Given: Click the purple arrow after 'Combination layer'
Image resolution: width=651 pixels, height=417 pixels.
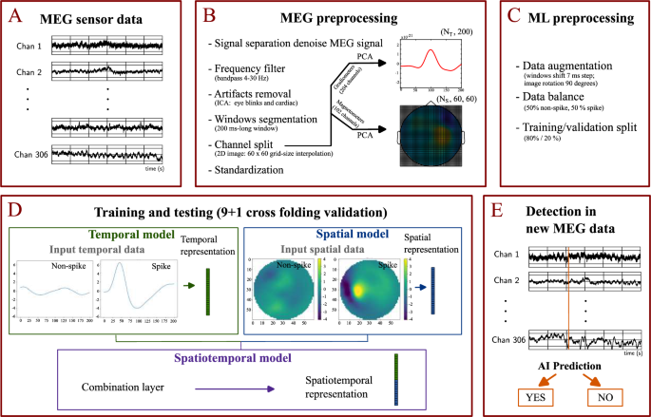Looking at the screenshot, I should tap(235, 387).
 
